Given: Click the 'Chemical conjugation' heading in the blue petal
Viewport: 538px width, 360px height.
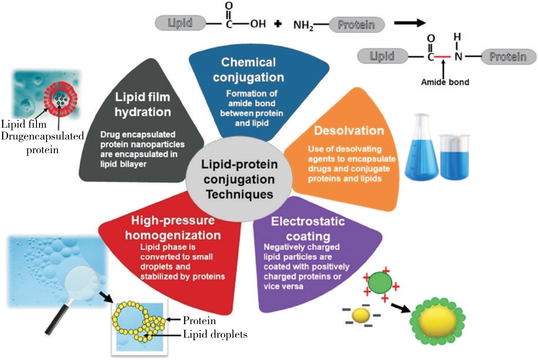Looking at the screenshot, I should (248, 70).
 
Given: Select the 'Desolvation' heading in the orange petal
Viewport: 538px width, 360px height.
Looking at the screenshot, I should (349, 131).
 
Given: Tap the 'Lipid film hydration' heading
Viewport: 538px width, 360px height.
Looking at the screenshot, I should (143, 105).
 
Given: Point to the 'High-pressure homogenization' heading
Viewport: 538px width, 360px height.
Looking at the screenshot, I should (173, 228).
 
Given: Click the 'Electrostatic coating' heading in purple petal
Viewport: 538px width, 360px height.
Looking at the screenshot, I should (308, 229).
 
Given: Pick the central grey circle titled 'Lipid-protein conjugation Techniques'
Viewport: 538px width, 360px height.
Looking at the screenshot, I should (239, 179).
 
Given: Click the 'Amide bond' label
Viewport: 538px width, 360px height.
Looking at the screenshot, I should (445, 82).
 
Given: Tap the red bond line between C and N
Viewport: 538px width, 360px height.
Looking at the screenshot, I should (442, 57).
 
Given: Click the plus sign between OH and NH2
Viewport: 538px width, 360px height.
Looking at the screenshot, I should (278, 24).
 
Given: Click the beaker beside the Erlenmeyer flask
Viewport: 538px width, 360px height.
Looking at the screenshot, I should (454, 157).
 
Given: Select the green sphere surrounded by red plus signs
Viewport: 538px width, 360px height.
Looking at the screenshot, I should (380, 283).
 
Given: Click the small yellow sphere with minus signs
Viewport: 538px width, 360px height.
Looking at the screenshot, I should (360, 315).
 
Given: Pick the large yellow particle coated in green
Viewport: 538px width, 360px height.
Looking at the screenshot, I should (438, 319).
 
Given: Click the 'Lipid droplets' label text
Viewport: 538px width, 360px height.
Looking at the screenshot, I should (215, 334).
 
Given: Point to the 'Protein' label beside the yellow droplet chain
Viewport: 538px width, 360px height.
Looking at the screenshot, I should (199, 321).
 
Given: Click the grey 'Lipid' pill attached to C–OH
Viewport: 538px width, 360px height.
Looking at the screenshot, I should (180, 23).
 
